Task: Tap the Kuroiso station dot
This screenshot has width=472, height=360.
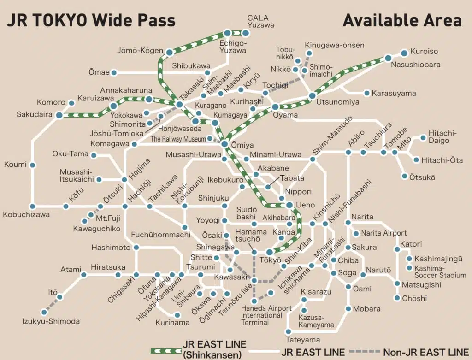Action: tap(404, 53)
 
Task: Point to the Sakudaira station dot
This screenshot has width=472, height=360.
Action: tap(59, 115)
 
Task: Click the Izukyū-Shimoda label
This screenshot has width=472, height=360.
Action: tap(51, 322)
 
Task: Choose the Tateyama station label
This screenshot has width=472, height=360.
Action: tap(303, 340)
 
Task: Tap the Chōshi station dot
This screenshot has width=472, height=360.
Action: tap(397, 298)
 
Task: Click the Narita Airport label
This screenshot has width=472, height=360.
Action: tap(383, 233)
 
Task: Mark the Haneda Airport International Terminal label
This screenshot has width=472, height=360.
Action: tap(266, 315)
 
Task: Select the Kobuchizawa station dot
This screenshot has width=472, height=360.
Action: tap(33, 207)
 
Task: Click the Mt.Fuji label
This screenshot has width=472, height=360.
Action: tap(108, 218)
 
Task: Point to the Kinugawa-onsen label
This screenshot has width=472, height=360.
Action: tap(335, 46)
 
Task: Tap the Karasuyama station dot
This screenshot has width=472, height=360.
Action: tap(367, 93)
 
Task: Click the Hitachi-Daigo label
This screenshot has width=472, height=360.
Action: tap(442, 136)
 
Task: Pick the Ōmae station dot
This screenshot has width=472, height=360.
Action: tap(114, 72)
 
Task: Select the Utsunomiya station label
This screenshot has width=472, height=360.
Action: tap(337, 102)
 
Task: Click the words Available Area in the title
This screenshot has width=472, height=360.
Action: tap(402, 20)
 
